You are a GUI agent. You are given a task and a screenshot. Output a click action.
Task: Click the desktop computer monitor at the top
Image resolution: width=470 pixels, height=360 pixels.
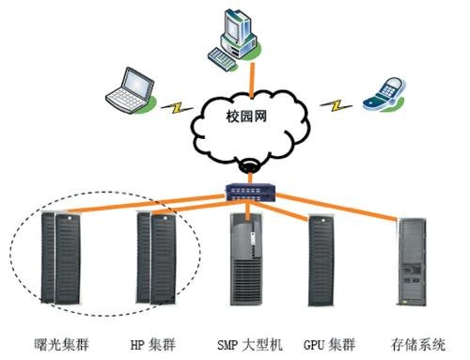[231, 26]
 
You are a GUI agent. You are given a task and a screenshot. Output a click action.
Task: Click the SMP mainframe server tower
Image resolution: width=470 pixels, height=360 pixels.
[250, 258]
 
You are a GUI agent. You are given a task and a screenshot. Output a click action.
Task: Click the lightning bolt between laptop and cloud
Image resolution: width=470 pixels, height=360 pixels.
[175, 105]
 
